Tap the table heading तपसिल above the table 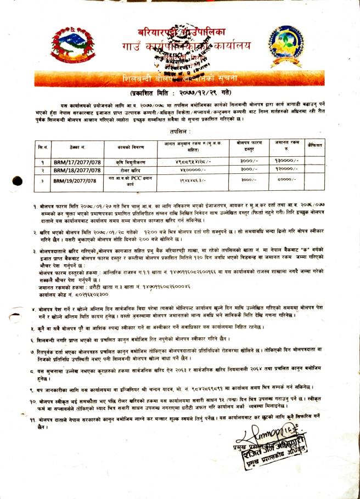point(181,132)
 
